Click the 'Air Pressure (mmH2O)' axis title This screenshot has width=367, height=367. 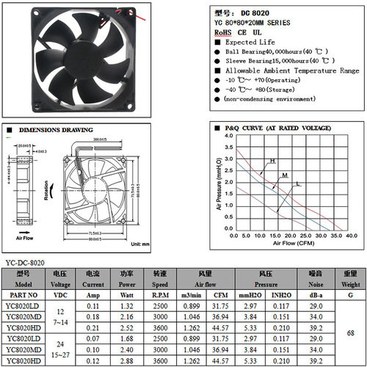[x=219, y=183]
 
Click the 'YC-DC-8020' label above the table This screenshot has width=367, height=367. [x=25, y=262]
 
